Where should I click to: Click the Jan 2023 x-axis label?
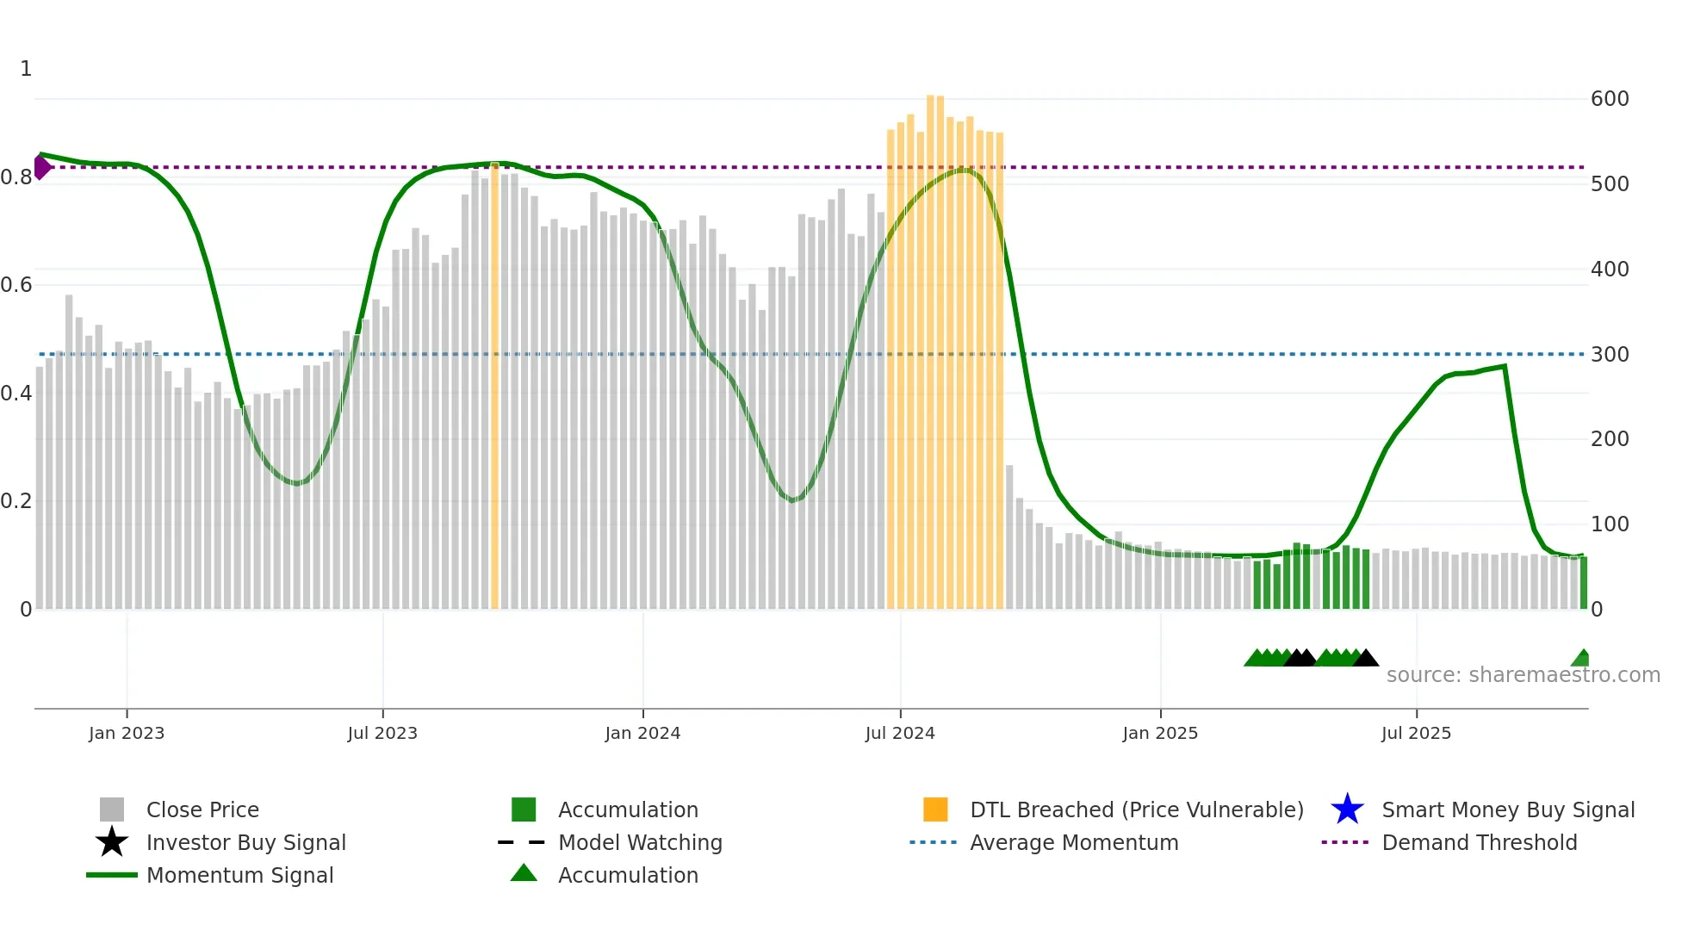click(x=127, y=733)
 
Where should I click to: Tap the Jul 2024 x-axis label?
click(x=900, y=733)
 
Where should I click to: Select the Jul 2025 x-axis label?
click(x=1416, y=733)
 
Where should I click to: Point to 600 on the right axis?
click(x=1610, y=99)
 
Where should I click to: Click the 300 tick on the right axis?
click(x=1610, y=354)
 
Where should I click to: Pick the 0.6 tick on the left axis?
click(x=16, y=285)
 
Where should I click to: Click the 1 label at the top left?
click(x=26, y=69)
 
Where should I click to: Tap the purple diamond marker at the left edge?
click(x=41, y=167)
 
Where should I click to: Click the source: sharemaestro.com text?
click(x=1523, y=675)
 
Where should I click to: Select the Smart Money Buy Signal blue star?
click(x=1347, y=809)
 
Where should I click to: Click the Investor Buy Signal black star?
click(x=112, y=842)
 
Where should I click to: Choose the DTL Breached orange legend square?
click(x=935, y=809)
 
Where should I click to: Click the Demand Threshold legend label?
click(x=1479, y=842)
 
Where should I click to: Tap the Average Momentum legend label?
click(x=1074, y=842)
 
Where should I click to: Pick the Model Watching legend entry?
click(x=640, y=842)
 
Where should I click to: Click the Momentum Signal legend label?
click(x=239, y=875)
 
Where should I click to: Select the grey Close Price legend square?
click(x=112, y=809)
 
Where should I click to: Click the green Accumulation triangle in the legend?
click(x=524, y=873)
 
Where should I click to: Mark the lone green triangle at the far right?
click(x=1581, y=659)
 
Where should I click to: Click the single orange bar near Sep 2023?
click(x=495, y=388)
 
